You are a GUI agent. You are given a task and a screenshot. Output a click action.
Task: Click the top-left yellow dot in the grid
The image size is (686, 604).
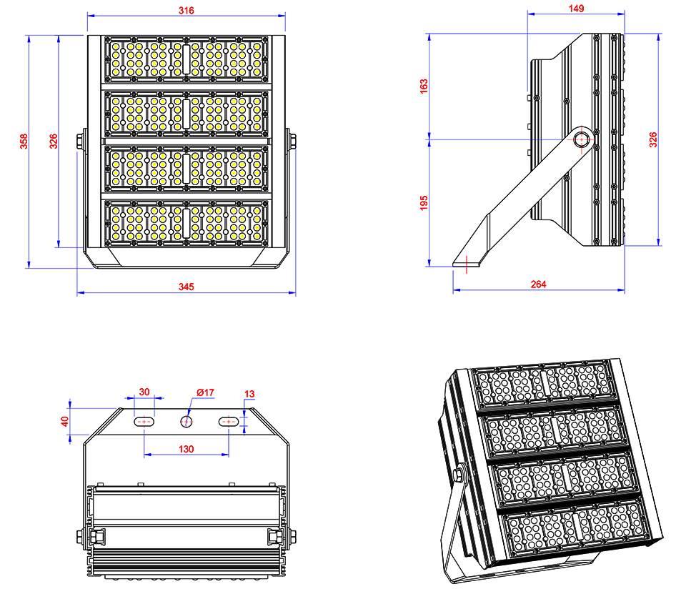116,47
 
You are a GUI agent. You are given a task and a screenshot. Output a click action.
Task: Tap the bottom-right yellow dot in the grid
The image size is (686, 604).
257,236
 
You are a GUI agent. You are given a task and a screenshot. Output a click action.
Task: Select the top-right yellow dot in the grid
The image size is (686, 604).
257,47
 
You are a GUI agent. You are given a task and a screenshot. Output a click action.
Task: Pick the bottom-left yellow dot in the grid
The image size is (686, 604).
116,236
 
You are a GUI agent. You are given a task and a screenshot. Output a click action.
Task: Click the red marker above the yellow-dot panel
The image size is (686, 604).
186,9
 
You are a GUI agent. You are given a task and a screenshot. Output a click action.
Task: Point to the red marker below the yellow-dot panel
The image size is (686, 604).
186,284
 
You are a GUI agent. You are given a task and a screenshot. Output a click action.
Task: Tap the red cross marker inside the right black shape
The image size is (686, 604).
581,139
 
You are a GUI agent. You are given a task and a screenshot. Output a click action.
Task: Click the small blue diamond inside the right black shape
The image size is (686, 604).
551,139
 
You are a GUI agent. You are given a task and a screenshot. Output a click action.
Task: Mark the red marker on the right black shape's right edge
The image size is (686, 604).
646,140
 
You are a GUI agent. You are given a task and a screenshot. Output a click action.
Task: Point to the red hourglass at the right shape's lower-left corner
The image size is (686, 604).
467,266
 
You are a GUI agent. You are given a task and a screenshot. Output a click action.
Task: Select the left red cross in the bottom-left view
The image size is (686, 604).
144,422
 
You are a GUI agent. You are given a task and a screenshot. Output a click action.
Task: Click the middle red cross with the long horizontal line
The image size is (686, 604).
187,422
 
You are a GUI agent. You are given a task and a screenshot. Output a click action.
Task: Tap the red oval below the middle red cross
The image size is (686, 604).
187,447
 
